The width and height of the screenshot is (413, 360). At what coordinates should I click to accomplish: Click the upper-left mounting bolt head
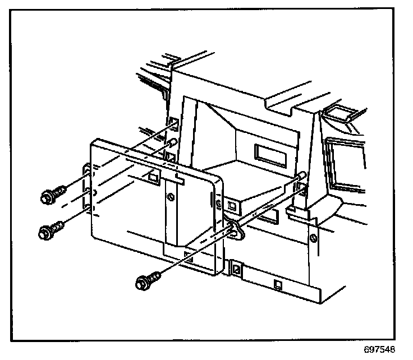click(x=48, y=197)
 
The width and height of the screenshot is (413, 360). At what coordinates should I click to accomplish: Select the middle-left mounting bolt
click(x=48, y=230)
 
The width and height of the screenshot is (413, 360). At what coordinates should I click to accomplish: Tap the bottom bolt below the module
click(x=144, y=282)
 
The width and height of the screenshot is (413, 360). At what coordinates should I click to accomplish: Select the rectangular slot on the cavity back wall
click(x=269, y=153)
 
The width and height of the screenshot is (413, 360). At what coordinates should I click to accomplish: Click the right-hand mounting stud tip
click(x=304, y=174)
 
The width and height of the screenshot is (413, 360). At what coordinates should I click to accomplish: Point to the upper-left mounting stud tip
click(x=175, y=142)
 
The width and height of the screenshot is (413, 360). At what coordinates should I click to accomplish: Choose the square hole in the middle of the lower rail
click(x=278, y=284)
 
